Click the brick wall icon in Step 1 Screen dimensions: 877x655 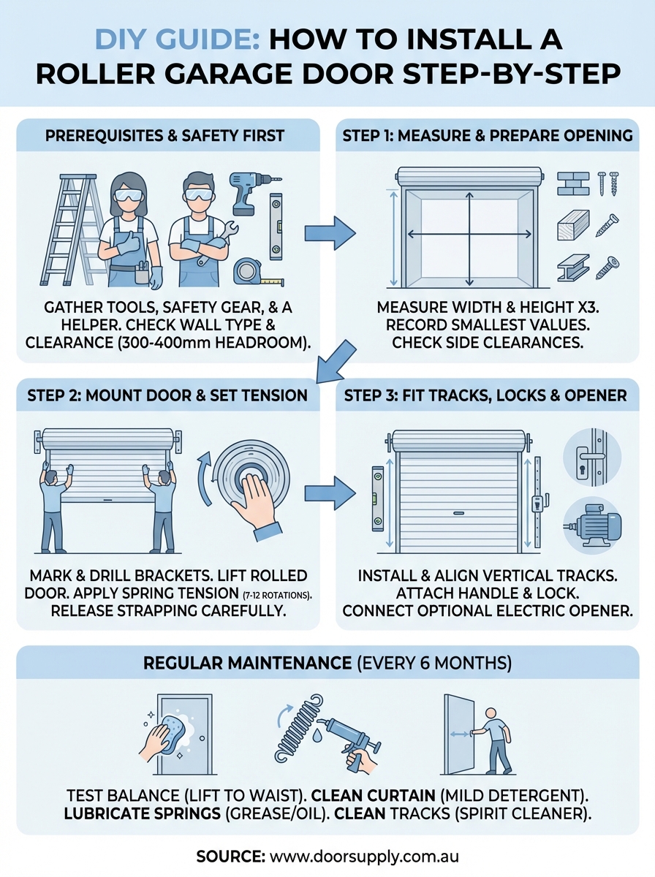[x=572, y=183]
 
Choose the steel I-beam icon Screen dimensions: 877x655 [x=572, y=267]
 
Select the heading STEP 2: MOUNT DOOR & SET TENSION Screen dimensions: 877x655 [x=167, y=396]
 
